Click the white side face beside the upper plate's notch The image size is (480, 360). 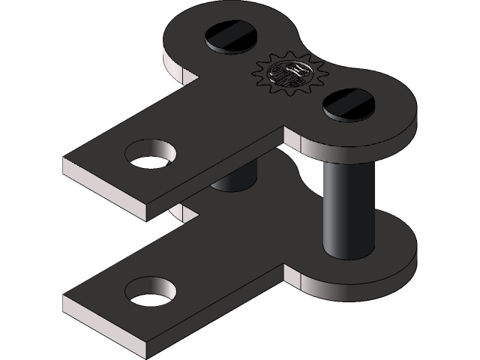pyautogui.click(x=180, y=67)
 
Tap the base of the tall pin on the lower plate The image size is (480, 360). pyautogui.click(x=348, y=251)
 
